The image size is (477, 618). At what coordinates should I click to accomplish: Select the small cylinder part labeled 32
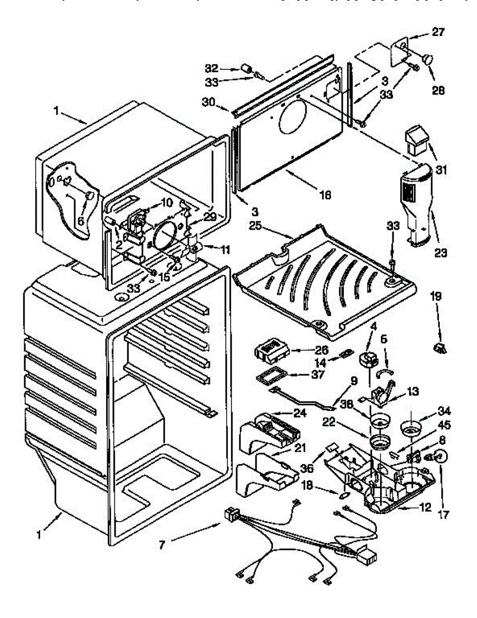click(246, 68)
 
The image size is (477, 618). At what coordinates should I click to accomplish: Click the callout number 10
click(166, 203)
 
